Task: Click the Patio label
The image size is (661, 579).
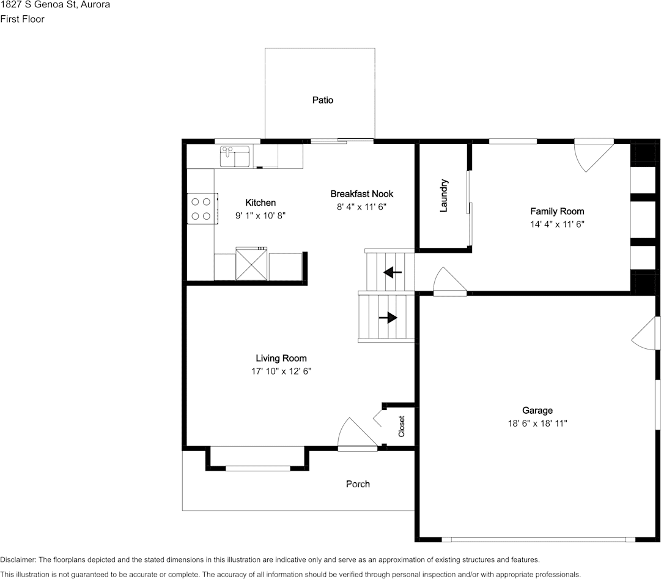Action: pos(322,100)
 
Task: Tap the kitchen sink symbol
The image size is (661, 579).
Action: pos(235,157)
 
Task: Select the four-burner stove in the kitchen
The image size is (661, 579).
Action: pos(202,209)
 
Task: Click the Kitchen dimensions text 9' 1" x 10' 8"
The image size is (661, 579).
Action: pos(260,215)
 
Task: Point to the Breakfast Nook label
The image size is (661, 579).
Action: pos(362,193)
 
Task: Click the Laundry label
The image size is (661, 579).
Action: pos(443,195)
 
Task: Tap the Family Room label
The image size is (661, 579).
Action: pos(557,211)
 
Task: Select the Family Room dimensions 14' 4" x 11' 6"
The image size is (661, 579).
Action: pos(557,224)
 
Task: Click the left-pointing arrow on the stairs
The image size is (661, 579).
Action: pos(393,272)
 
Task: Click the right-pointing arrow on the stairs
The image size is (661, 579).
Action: pos(388,318)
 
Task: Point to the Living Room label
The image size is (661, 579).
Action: pos(281,358)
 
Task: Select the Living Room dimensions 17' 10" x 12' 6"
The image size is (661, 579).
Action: pos(281,371)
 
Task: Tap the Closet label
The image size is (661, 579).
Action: pos(401,426)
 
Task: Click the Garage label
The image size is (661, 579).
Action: pos(537,410)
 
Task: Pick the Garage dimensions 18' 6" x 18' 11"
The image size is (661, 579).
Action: pos(537,424)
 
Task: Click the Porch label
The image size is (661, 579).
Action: pos(358,484)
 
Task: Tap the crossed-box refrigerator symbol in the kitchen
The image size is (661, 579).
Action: pos(251,264)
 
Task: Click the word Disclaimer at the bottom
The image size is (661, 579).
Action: pos(18,559)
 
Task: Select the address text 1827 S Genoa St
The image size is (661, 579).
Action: pos(38,5)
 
